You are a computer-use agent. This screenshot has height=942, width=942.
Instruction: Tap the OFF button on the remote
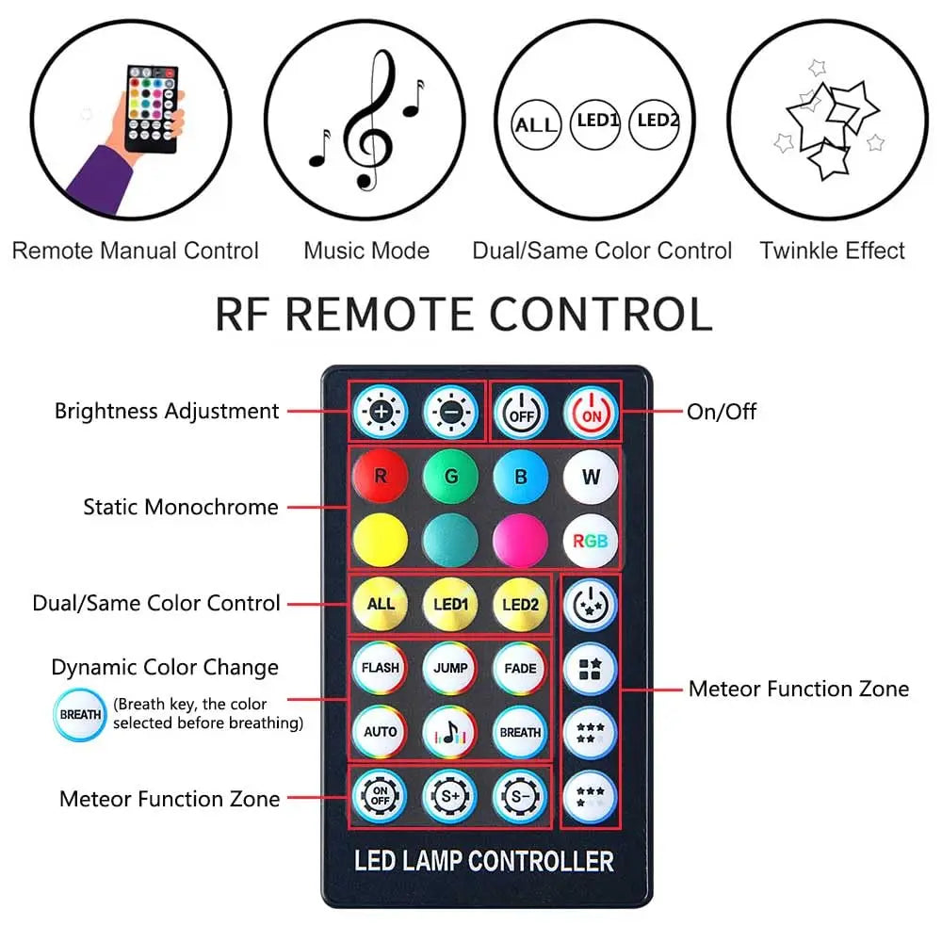click(x=520, y=413)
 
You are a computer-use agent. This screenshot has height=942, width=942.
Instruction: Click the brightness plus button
click(x=380, y=413)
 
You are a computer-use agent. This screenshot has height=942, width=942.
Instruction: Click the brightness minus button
click(x=450, y=413)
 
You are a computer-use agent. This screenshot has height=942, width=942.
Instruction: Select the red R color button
click(x=381, y=477)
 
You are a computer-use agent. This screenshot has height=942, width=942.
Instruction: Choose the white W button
click(x=591, y=477)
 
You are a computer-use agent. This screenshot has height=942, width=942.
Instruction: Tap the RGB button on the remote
click(x=591, y=542)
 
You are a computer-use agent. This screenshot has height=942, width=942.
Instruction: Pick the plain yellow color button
click(x=381, y=542)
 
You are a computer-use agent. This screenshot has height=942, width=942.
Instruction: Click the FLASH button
click(x=381, y=668)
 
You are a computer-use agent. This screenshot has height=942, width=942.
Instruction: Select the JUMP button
click(x=450, y=668)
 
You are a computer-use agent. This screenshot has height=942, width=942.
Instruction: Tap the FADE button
click(x=520, y=668)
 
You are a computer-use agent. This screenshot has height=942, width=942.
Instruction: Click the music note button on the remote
click(x=450, y=731)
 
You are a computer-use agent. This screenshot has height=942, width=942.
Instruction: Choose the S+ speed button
click(x=450, y=797)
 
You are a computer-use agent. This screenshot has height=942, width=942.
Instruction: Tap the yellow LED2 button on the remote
click(x=520, y=604)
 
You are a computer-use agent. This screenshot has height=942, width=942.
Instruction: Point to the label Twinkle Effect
click(x=832, y=251)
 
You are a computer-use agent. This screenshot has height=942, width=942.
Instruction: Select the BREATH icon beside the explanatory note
click(x=80, y=715)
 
